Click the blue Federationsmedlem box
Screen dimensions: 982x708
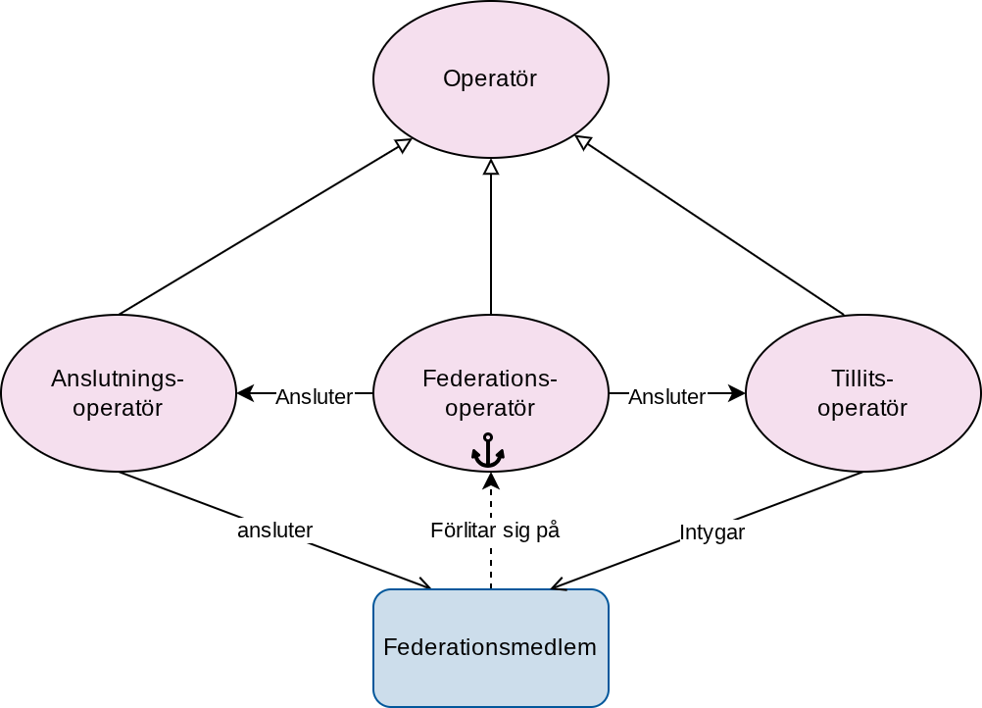point(491,648)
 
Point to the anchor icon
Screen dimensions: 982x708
point(488,450)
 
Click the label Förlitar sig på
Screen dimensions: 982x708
point(495,531)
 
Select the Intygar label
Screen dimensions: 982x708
point(712,532)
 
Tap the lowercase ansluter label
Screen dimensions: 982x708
point(275,531)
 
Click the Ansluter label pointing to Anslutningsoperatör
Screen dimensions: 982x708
point(315,396)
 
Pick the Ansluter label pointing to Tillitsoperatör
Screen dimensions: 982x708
point(667,396)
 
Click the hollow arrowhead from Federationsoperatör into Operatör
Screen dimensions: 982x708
point(491,166)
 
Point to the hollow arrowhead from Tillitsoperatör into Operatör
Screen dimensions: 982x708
point(583,142)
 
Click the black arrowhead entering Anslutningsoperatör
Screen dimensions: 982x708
point(245,393)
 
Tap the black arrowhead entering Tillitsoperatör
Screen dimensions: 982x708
point(737,393)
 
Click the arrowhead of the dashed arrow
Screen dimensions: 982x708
point(491,480)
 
